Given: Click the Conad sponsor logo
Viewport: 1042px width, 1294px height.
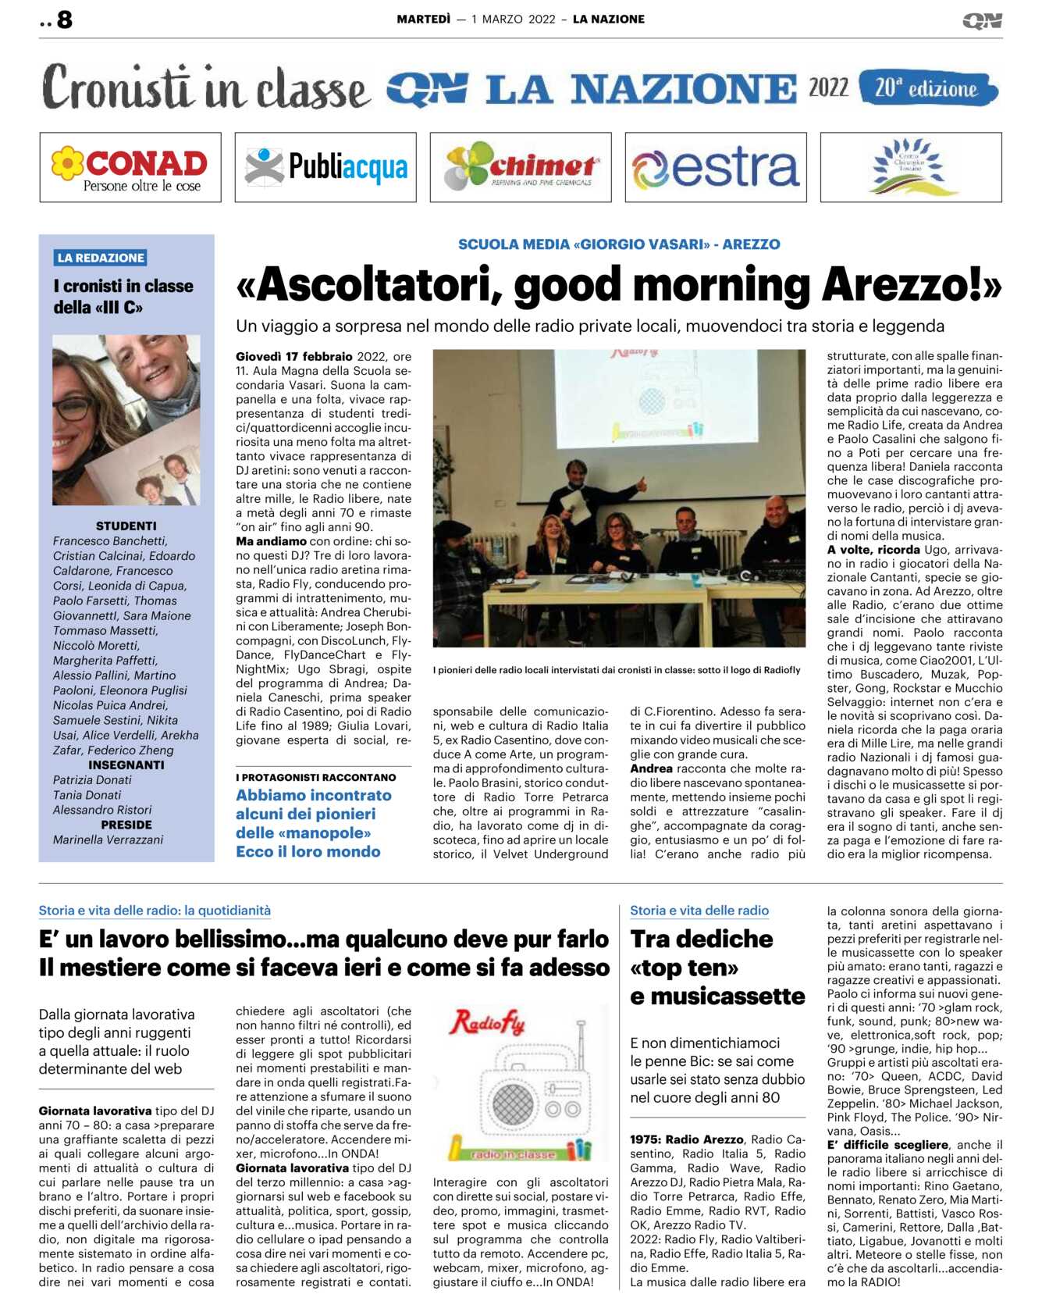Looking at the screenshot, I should coord(130,167).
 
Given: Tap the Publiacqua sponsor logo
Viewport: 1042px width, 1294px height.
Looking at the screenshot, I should coord(325,167).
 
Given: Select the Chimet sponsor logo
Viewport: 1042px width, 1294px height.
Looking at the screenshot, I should coord(521,167).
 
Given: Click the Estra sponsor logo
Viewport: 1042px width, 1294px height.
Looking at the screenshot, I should coord(716,167).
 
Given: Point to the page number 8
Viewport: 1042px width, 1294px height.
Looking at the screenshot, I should coord(64,20).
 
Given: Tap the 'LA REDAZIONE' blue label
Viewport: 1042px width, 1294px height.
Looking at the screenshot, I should coord(101,258).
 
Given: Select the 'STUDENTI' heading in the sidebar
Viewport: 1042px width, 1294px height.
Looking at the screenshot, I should coord(126,526).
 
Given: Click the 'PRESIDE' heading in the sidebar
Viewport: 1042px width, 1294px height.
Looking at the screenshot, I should coord(126,825).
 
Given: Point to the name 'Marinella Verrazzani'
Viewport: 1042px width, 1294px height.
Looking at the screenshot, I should coord(108,839).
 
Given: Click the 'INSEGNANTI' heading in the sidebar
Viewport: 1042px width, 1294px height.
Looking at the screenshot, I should coord(126,765).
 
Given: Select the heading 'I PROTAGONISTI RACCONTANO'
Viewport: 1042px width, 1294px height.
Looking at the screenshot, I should coord(315,777).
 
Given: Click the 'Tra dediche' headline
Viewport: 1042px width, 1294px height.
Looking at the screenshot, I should coord(701,939).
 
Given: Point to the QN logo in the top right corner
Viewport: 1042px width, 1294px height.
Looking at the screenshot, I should coord(981,20).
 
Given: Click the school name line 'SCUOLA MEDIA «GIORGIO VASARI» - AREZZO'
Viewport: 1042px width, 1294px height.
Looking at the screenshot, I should coord(619,244).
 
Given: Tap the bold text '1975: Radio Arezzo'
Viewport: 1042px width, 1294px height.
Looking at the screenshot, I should coord(686,1139).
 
